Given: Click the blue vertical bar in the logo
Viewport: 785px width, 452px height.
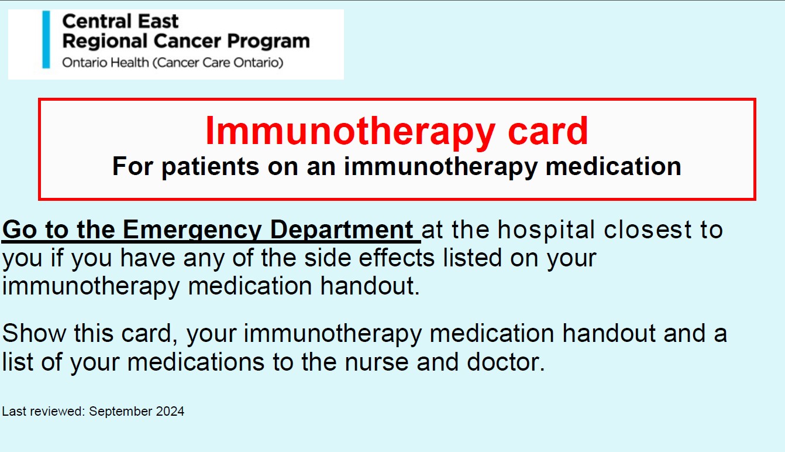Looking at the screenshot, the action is tap(46, 39).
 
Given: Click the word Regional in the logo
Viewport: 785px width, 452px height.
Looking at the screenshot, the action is tap(105, 42).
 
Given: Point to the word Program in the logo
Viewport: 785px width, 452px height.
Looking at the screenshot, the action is tap(268, 42).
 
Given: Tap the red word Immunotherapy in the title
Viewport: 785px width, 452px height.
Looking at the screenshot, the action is tap(350, 132).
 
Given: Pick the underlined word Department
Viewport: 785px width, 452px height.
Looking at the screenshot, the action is tap(342, 230).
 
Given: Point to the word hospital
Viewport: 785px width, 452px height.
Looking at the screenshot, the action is tap(546, 230).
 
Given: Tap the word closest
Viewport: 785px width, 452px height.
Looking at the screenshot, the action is tap(648, 230).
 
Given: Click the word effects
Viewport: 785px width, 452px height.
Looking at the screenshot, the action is tap(369, 258).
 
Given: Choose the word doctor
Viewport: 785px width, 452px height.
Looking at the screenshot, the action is tap(506, 361).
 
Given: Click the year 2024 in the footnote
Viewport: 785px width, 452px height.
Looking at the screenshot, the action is tap(170, 412).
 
